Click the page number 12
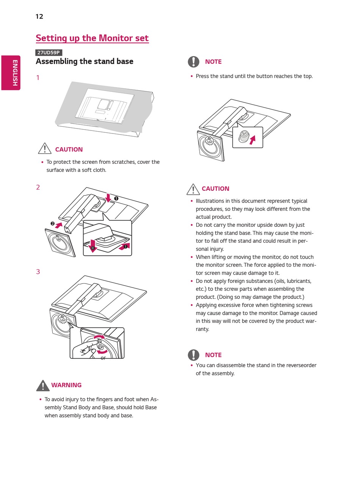point(39,16)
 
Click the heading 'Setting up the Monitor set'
point(92,38)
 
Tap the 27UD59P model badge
point(49,53)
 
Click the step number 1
point(38,78)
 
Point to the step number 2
point(38,187)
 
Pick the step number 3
point(38,272)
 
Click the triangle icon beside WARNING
point(43,386)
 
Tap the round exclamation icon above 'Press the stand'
point(193,62)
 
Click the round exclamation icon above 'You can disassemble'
point(193,355)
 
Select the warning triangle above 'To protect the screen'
point(45,148)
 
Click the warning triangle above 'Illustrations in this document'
point(193,189)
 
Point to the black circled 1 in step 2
point(116,198)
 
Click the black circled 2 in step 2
point(53,224)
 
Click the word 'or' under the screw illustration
point(103,358)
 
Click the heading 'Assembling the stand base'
point(85,61)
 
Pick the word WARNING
point(66,385)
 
